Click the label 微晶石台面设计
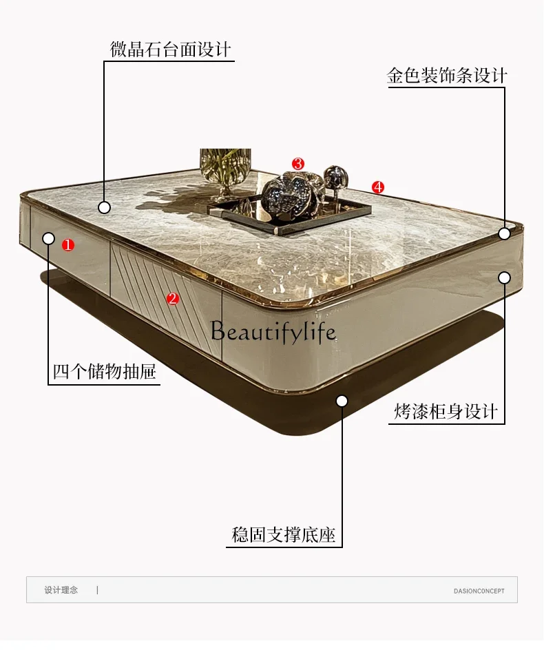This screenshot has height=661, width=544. pyautogui.click(x=170, y=50)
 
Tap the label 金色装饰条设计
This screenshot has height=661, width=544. pyautogui.click(x=447, y=76)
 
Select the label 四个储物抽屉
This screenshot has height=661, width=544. pyautogui.click(x=104, y=373)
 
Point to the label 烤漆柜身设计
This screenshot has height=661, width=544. pyautogui.click(x=446, y=412)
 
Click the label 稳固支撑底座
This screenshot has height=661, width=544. pyautogui.click(x=284, y=535)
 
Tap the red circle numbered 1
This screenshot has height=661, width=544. pyautogui.click(x=67, y=244)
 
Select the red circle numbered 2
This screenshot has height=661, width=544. pyautogui.click(x=173, y=298)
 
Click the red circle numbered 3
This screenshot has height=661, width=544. pyautogui.click(x=297, y=164)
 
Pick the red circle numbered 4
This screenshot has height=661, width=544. pyautogui.click(x=377, y=187)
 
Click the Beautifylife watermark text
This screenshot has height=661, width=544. pyautogui.click(x=273, y=332)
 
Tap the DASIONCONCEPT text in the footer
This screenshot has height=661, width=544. pyautogui.click(x=479, y=591)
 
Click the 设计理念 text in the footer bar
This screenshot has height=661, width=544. pyautogui.click(x=61, y=590)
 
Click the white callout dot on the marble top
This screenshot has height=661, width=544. pyautogui.click(x=104, y=207)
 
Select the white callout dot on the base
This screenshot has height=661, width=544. pyautogui.click(x=342, y=401)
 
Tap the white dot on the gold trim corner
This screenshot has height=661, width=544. pyautogui.click(x=504, y=233)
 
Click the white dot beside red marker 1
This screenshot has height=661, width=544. pyautogui.click(x=48, y=238)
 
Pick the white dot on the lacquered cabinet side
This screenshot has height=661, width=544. pyautogui.click(x=504, y=277)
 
